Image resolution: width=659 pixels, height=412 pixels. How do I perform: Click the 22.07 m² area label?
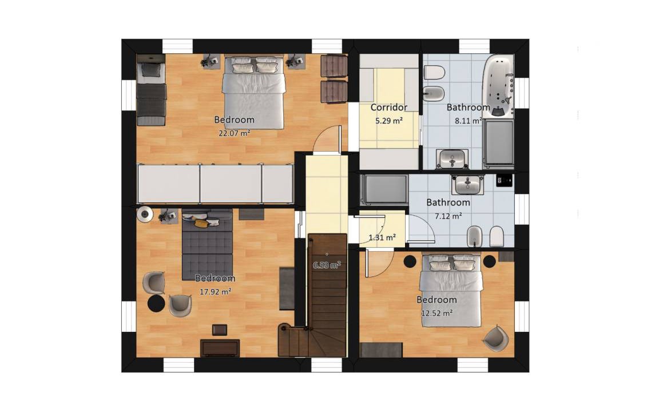pos(234,133)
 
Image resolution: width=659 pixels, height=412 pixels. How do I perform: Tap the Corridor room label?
pos(389,107)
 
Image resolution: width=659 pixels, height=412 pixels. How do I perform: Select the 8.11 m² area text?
pos(468,121)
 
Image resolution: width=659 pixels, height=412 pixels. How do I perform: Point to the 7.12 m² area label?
pos(448,216)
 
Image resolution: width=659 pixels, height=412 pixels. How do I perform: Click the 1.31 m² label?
pos(382,237)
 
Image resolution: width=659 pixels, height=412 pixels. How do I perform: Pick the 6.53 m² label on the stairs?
pos(327,266)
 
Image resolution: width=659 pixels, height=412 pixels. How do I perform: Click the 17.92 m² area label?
pos(215,291)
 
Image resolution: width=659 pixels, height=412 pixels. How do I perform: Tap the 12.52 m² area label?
pos(436,313)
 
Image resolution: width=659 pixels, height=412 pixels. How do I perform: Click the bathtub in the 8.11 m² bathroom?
pos(498,86)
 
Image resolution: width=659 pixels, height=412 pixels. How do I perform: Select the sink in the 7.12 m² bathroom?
pos(468,185)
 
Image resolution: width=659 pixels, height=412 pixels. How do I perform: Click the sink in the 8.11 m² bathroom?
pos(452,159)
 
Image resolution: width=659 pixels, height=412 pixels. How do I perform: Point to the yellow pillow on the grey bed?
pos(201,223)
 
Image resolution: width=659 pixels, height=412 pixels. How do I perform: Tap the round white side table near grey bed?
pos(145,215)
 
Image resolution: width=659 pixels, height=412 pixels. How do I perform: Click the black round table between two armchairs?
pos(156,303)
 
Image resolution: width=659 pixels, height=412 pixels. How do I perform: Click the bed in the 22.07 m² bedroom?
pos(253,92)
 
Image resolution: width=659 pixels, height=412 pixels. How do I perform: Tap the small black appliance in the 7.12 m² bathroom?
pos(505,180)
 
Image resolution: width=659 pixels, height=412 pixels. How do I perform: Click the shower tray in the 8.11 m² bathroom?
pos(498,142)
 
